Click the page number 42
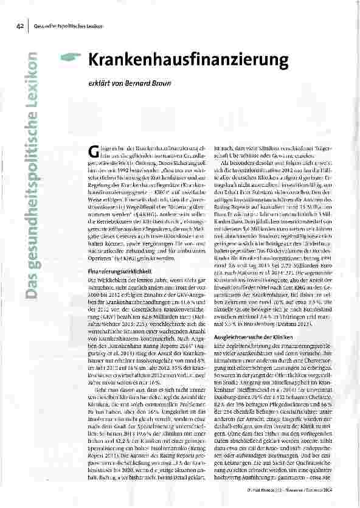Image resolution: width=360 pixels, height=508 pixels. (19, 26)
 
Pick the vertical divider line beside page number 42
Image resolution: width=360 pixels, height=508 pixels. (27, 26)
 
